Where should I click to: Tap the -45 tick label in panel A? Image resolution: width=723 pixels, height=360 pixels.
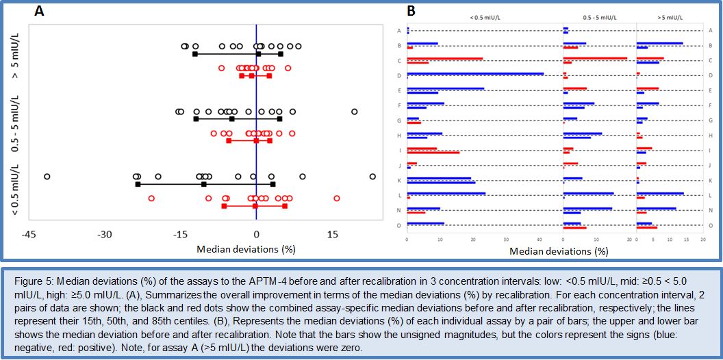coord(28,234)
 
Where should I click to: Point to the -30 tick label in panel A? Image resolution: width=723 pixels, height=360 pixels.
coord(104,234)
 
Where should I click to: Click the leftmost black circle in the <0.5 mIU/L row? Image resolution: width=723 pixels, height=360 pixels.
coord(47,177)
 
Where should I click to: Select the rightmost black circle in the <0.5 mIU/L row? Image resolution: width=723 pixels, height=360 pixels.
coord(372,177)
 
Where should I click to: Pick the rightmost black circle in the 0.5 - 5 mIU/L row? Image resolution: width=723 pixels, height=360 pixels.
coord(354,111)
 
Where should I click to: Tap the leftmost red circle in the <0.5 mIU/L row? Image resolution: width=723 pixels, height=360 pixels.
coord(151,198)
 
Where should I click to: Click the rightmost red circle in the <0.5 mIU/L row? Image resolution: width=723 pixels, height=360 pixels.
coord(336,198)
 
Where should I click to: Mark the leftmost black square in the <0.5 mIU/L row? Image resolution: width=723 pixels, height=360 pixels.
coord(138,184)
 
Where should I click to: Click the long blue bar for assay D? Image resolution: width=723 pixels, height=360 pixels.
coord(475,74)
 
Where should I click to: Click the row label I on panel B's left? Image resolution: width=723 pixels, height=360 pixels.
coord(398,149)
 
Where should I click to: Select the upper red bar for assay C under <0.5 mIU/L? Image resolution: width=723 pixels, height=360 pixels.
coord(445,58)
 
